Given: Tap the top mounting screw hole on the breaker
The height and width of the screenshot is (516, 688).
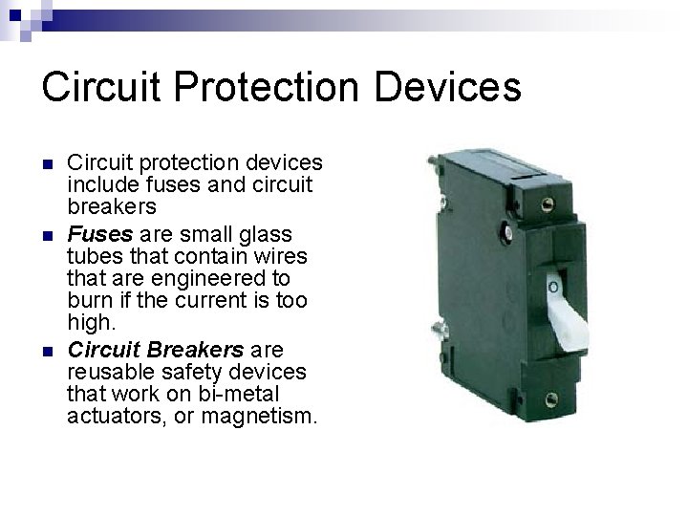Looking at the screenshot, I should pyautogui.click(x=548, y=202).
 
